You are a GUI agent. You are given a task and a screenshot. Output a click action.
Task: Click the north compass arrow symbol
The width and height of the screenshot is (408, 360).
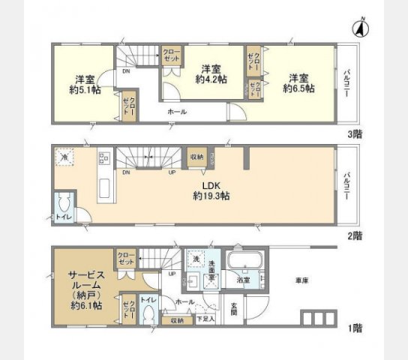[x=359, y=29]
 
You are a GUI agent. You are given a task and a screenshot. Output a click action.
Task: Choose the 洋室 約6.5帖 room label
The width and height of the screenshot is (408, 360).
[x=298, y=82]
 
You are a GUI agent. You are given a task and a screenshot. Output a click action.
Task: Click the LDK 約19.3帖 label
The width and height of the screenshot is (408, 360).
[x=210, y=189]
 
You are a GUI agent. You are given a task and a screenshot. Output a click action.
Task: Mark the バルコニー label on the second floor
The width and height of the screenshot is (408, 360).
[x=348, y=184]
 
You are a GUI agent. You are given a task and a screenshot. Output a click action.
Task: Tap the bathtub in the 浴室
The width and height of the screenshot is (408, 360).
[x=244, y=263]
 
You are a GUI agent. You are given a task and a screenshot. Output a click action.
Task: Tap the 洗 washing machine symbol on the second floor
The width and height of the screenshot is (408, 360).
[x=65, y=158]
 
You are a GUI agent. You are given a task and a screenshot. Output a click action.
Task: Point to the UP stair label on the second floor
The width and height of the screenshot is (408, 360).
[x=173, y=172]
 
